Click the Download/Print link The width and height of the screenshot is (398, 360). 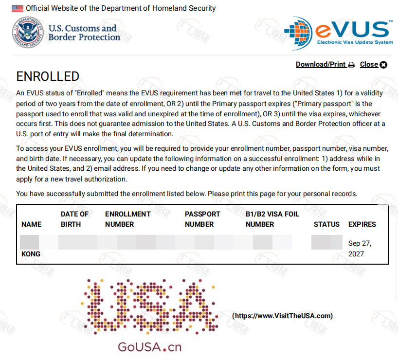(x=321, y=64)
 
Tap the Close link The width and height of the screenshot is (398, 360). (x=369, y=64)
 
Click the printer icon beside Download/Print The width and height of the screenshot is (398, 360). (x=351, y=65)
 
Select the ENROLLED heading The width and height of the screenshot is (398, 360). (x=48, y=76)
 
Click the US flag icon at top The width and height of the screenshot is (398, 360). (x=18, y=8)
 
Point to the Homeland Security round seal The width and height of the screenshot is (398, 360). (x=28, y=32)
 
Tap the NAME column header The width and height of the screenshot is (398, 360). (x=32, y=224)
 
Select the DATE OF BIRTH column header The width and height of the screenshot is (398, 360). (x=74, y=219)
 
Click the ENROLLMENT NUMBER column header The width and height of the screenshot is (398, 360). (x=127, y=219)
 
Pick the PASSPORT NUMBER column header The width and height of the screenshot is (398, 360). (x=202, y=219)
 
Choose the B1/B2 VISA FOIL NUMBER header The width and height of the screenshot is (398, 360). (x=272, y=219)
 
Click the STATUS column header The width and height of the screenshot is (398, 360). (x=326, y=224)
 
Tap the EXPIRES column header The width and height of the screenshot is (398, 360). (x=362, y=224)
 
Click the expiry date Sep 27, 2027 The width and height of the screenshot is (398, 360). (x=360, y=249)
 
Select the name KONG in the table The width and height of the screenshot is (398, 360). (x=31, y=254)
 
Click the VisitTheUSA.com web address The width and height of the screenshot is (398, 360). (x=282, y=316)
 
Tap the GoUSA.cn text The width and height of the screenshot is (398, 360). (x=149, y=347)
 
